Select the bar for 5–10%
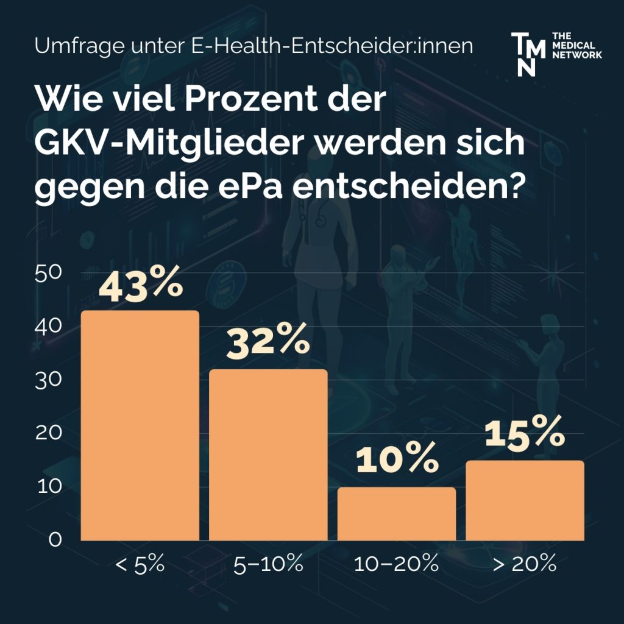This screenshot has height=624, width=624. click(x=268, y=455)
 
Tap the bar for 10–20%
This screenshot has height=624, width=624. click(x=396, y=513)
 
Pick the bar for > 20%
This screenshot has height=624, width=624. click(x=525, y=500)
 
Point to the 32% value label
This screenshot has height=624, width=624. click(x=268, y=342)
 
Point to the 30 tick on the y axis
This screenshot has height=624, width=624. click(x=49, y=380)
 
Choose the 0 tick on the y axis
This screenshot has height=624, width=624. click(x=55, y=540)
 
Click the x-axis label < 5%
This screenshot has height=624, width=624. click(x=140, y=564)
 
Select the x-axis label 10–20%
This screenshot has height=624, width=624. click(x=397, y=564)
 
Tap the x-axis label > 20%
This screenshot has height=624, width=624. click(x=525, y=564)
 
